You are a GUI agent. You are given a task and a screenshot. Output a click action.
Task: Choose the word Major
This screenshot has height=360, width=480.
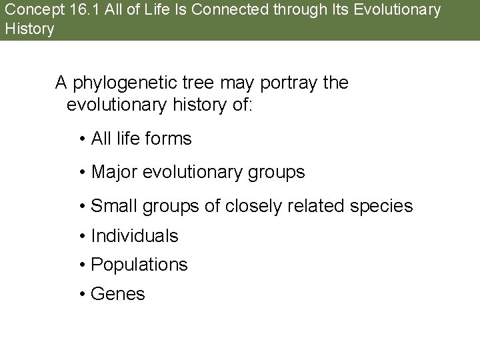coord(113,172)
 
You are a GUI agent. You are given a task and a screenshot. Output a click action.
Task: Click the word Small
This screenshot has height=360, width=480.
coord(112,206)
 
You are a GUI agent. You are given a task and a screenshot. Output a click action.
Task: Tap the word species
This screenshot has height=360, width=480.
coord(383,207)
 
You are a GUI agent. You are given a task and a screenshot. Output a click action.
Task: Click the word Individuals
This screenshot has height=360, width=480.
coord(134,235)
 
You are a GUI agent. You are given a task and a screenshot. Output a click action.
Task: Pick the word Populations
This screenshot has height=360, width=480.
coord(139,265)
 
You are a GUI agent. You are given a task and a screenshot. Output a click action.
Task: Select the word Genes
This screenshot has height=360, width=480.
coord(117,294)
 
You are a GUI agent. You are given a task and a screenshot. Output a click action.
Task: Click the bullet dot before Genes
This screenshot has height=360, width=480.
coord(81,295)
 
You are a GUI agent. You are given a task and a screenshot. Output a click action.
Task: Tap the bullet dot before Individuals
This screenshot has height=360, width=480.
coord(81,236)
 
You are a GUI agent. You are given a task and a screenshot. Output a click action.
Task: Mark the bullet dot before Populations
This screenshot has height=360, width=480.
coord(81,265)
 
